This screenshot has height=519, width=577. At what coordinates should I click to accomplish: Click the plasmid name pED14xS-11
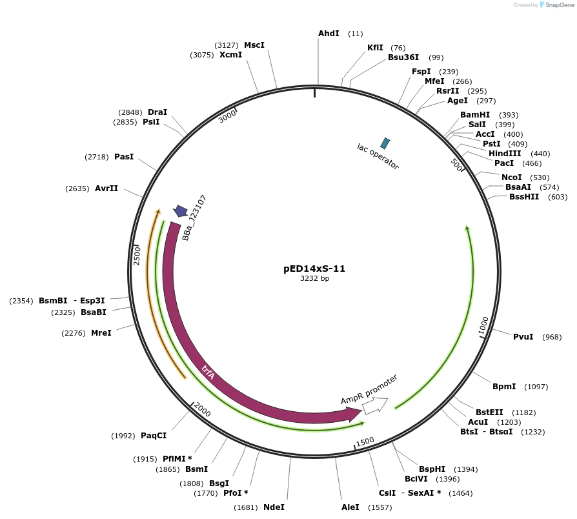pyautogui.click(x=314, y=269)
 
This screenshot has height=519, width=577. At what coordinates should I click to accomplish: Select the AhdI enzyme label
pyautogui.click(x=329, y=33)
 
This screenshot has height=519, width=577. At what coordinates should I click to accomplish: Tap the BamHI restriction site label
pyautogui.click(x=475, y=115)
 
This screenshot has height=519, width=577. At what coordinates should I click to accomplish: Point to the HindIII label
pyautogui.click(x=505, y=154)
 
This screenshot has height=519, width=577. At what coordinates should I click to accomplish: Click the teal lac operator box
pyautogui.click(x=385, y=143)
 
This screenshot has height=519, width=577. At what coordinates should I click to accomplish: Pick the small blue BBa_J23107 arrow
pyautogui.click(x=181, y=210)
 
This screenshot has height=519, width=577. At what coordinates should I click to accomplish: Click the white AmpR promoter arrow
pyautogui.click(x=374, y=405)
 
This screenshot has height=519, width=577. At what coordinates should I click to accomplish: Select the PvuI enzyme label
pyautogui.click(x=523, y=337)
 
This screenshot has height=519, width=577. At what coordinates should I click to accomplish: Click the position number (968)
pyautogui.click(x=552, y=337)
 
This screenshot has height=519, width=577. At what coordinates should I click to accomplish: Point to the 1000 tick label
pyautogui.click(x=484, y=326)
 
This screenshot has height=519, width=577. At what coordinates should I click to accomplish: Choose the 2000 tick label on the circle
pyautogui.click(x=202, y=410)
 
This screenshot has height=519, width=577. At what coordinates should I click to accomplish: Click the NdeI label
pyautogui.click(x=274, y=507)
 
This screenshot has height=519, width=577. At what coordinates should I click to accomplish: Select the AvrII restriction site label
pyautogui.click(x=106, y=188)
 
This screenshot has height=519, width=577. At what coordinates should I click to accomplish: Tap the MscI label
pyautogui.click(x=254, y=45)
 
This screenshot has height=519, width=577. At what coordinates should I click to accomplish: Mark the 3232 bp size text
pyautogui.click(x=314, y=279)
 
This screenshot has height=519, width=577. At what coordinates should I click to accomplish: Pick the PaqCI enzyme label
pyautogui.click(x=154, y=436)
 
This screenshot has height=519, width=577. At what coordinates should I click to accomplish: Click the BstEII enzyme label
pyautogui.click(x=489, y=412)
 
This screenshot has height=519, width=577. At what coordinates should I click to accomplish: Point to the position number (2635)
pyautogui.click(x=77, y=188)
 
